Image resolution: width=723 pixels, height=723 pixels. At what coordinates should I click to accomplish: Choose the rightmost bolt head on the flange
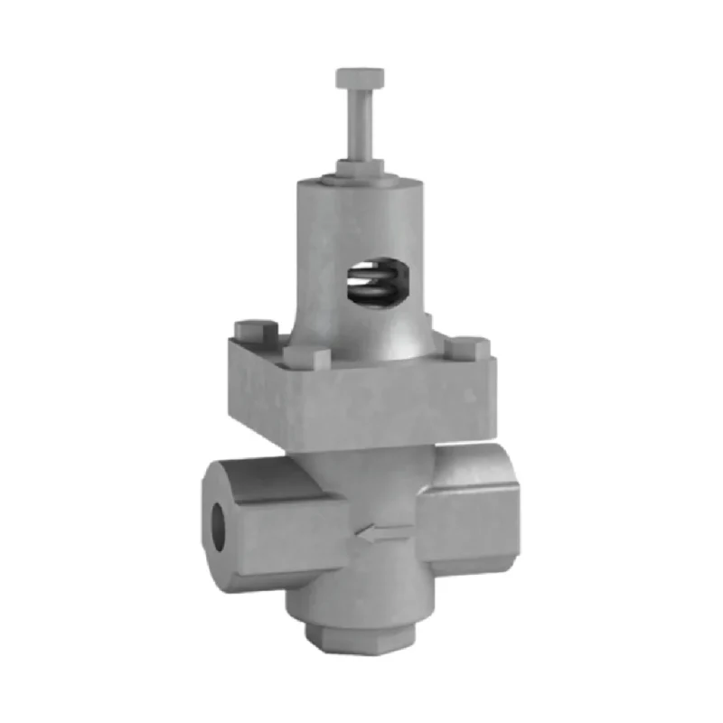pos(466,348)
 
